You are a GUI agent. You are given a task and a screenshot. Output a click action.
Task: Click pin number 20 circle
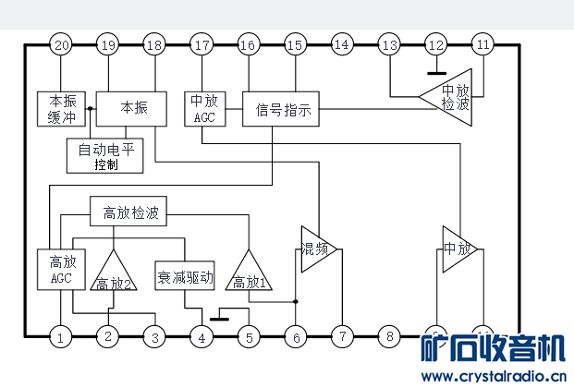pyautogui.click(x=62, y=44)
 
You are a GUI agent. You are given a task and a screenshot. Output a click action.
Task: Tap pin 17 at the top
pyautogui.click(x=202, y=44)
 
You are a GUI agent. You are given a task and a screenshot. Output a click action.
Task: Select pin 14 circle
pyautogui.click(x=342, y=44)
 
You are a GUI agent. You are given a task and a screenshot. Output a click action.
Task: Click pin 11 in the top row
pyautogui.click(x=482, y=44)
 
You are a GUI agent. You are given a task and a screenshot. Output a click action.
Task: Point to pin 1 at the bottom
pyautogui.click(x=61, y=337)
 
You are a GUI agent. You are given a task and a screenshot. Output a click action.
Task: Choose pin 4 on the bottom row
pyautogui.click(x=202, y=337)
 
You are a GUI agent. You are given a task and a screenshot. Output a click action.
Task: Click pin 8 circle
pyautogui.click(x=389, y=337)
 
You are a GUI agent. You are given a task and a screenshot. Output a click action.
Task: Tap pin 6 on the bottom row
pyautogui.click(x=296, y=337)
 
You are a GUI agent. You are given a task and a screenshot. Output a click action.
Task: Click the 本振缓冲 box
pyautogui.click(x=61, y=107)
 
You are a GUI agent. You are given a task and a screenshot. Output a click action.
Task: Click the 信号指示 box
pyautogui.click(x=283, y=110)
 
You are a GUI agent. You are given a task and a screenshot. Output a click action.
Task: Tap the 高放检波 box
pyautogui.click(x=128, y=212)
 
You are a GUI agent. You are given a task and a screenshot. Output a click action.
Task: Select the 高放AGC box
pyautogui.click(x=60, y=268)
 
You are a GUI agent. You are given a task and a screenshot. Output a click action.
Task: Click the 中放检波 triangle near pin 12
pyautogui.click(x=450, y=96)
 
